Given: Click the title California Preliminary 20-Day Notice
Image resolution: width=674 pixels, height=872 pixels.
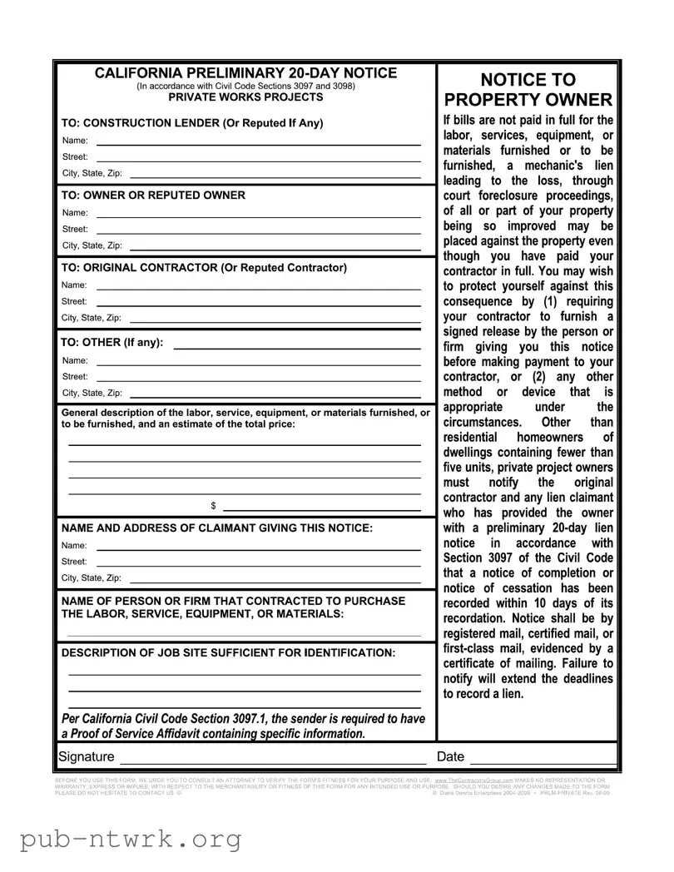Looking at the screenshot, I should [245, 73].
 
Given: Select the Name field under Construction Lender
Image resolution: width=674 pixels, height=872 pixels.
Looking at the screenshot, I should [258, 141].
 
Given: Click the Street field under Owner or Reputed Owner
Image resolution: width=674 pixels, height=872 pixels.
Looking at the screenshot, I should [258, 230].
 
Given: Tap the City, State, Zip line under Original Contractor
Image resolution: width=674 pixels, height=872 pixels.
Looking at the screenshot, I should [275, 319].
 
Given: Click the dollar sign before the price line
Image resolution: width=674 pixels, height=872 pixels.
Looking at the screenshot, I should [214, 506].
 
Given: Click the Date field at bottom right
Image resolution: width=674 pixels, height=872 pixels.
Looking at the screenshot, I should [543, 758].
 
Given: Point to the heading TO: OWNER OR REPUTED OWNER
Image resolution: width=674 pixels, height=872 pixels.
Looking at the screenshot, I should [154, 196].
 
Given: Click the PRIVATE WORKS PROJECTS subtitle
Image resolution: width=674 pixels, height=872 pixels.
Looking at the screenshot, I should [245, 97].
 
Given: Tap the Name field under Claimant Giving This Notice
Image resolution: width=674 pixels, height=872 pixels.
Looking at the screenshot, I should [258, 547].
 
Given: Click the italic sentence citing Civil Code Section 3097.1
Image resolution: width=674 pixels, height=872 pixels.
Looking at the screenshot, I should [243, 726].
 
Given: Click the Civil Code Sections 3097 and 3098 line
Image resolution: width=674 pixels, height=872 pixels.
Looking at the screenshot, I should [245, 86].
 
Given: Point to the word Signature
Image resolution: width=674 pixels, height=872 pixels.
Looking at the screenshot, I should [87, 757].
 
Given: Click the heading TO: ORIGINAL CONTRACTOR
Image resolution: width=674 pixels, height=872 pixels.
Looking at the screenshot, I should [204, 268].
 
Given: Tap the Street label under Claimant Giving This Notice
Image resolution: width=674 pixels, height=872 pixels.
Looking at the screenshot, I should [74, 562].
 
